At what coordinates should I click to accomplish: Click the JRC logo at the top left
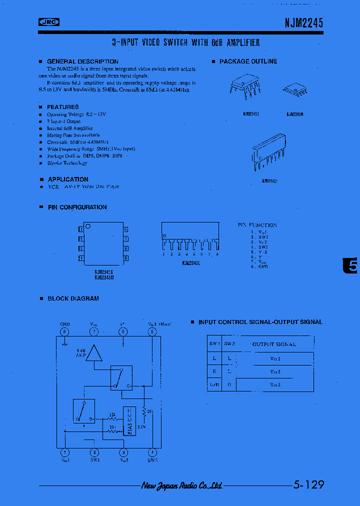click(49, 21)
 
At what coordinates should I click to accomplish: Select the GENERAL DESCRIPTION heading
click(82, 61)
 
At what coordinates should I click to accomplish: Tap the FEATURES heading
click(62, 107)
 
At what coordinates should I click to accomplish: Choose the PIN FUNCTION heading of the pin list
click(257, 225)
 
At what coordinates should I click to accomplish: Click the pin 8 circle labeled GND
click(64, 331)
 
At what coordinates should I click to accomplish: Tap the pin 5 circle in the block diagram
click(152, 331)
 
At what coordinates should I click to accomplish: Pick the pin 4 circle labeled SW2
click(152, 452)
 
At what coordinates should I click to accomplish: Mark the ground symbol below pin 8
click(64, 344)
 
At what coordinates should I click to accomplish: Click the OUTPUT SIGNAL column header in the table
click(274, 344)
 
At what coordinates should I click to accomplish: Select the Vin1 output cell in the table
click(275, 358)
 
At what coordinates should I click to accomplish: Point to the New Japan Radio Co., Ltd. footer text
click(181, 485)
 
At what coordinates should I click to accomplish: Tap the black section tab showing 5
click(351, 266)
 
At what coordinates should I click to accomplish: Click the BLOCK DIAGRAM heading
click(73, 298)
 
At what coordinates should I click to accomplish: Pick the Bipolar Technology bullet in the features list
click(67, 163)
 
